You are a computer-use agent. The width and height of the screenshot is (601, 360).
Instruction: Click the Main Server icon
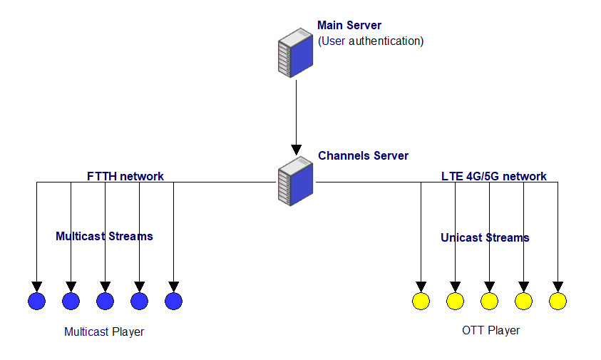[296, 53]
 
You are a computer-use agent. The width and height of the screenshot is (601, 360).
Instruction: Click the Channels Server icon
[296, 181]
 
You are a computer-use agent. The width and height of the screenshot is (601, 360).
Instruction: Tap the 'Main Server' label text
[349, 25]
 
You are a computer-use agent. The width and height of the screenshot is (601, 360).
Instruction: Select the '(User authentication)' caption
[371, 41]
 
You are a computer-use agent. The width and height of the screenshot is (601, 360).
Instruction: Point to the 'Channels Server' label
[363, 155]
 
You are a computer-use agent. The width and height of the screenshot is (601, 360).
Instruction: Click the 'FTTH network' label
[125, 176]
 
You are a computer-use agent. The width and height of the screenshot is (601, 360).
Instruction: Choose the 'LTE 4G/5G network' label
[493, 176]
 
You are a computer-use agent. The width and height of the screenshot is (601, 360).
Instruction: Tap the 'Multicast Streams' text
[104, 236]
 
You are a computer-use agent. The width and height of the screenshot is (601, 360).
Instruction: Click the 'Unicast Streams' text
[485, 237]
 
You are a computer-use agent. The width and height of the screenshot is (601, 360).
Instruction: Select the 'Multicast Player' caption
[104, 331]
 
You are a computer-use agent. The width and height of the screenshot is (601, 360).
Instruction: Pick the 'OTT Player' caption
[490, 330]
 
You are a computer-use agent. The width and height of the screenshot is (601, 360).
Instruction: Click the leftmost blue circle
[37, 301]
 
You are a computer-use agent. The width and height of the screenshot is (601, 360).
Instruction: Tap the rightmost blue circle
[174, 301]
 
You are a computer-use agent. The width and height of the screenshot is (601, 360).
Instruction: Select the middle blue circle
[105, 301]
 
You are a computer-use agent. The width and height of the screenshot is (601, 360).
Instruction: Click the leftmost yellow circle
[421, 301]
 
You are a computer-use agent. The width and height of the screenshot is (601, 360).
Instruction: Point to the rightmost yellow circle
[558, 301]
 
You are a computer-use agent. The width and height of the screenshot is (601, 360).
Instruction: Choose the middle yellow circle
[490, 301]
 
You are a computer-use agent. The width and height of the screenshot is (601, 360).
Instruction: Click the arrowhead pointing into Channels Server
[296, 150]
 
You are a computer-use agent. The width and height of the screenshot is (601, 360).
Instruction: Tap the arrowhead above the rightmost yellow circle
[558, 287]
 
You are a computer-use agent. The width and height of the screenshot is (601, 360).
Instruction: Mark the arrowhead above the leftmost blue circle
[37, 287]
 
